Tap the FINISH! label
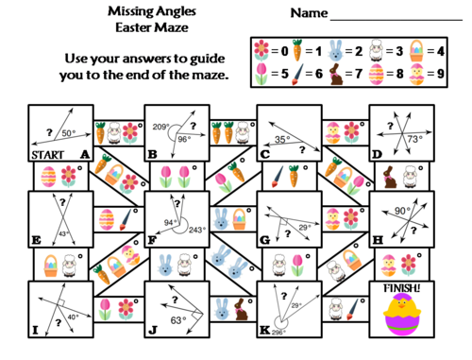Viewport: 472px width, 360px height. click(x=402, y=285)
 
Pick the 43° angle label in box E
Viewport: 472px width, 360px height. click(x=64, y=232)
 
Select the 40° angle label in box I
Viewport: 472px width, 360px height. click(x=74, y=317)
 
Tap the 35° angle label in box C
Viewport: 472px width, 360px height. click(x=281, y=138)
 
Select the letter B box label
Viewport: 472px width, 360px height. click(x=151, y=153)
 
